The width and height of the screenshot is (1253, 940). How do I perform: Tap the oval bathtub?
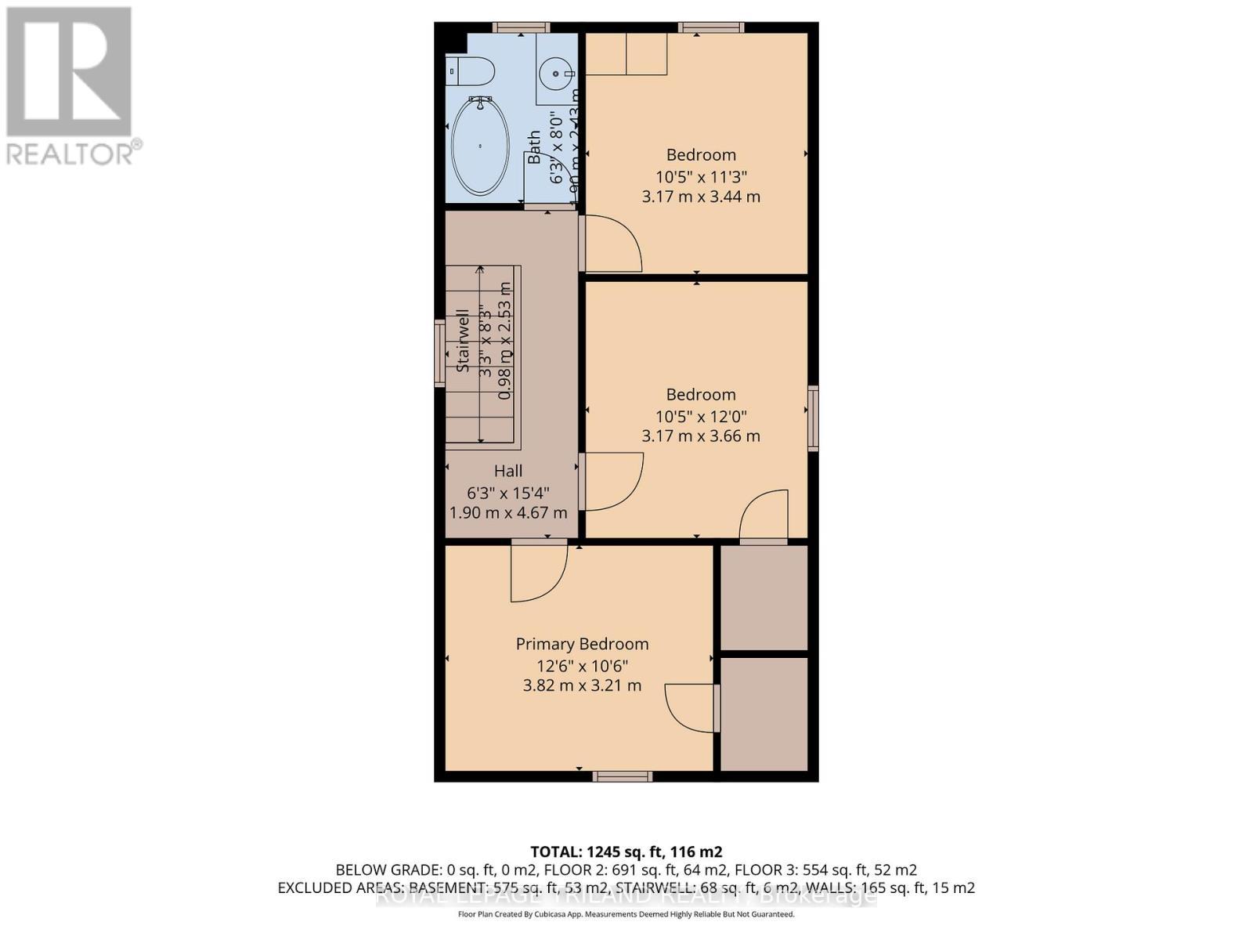click(x=479, y=146)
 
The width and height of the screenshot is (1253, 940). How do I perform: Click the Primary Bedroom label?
click(x=582, y=644)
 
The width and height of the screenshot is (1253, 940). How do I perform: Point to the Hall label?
click(x=508, y=471)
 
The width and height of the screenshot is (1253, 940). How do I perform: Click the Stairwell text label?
click(x=463, y=340)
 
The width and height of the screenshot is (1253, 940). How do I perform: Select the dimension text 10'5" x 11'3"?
click(x=701, y=176)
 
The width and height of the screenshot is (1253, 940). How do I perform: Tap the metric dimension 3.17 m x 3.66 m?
click(x=701, y=436)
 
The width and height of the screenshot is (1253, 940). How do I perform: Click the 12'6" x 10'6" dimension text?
click(x=582, y=666)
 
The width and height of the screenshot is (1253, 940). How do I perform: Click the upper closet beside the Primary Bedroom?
click(x=764, y=597)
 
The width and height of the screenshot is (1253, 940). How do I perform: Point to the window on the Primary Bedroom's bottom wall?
click(x=622, y=776)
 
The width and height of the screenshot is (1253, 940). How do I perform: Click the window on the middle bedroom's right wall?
click(x=813, y=418)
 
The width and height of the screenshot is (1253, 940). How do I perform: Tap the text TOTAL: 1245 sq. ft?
click(x=626, y=851)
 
